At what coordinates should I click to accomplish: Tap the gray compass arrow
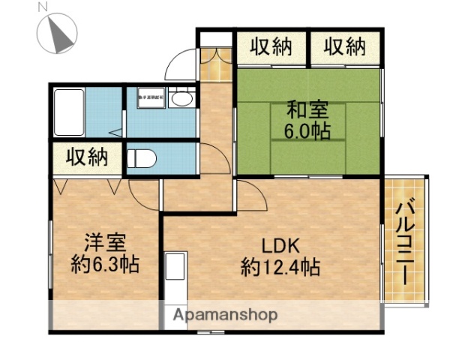click(60, 32)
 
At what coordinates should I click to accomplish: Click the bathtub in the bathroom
click(68, 112)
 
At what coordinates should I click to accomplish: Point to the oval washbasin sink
click(181, 98)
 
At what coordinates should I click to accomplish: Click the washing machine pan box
click(151, 97)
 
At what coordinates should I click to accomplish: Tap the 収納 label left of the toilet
click(86, 157)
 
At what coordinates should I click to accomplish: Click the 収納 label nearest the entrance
click(271, 47)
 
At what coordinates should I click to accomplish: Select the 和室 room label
click(307, 110)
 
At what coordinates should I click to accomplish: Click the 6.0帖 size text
click(307, 130)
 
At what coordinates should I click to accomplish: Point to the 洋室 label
click(103, 243)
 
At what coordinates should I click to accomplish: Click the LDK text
click(280, 245)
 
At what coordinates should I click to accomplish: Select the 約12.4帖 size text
click(280, 266)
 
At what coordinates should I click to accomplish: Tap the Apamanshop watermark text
click(224, 315)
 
